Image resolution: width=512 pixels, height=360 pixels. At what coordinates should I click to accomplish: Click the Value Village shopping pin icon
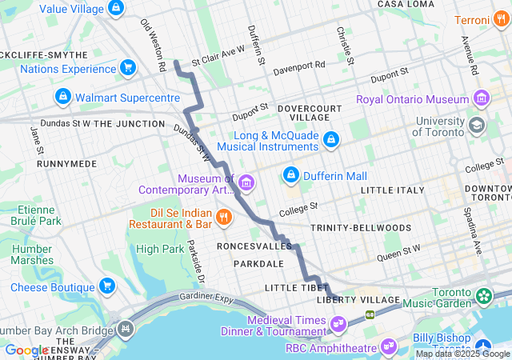pyautogui.click(x=116, y=8)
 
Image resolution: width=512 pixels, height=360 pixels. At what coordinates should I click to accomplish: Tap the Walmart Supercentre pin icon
pyautogui.click(x=62, y=98)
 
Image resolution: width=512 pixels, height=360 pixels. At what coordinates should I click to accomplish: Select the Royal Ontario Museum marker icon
pyautogui.click(x=482, y=100)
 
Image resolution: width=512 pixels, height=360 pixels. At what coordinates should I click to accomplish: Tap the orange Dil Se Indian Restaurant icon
pyautogui.click(x=224, y=215)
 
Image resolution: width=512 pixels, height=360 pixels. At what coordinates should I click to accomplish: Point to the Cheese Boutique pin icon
pyautogui.click(x=107, y=287)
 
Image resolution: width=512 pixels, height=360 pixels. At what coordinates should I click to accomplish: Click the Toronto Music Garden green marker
pyautogui.click(x=484, y=296)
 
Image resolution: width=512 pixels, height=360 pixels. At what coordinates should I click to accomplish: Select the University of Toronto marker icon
pyautogui.click(x=477, y=125)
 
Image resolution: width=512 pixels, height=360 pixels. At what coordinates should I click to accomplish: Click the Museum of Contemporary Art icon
pyautogui.click(x=246, y=184)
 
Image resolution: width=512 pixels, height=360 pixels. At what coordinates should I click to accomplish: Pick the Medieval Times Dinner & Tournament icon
pyautogui.click(x=338, y=323)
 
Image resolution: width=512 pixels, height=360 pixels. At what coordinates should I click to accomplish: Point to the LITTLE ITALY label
pyautogui.click(x=394, y=190)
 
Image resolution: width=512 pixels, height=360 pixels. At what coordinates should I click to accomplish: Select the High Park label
pyautogui.click(x=159, y=249)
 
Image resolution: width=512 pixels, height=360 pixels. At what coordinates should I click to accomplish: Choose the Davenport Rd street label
pyautogui.click(x=299, y=66)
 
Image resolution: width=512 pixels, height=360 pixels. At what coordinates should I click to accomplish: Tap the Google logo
pyautogui.click(x=26, y=350)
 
